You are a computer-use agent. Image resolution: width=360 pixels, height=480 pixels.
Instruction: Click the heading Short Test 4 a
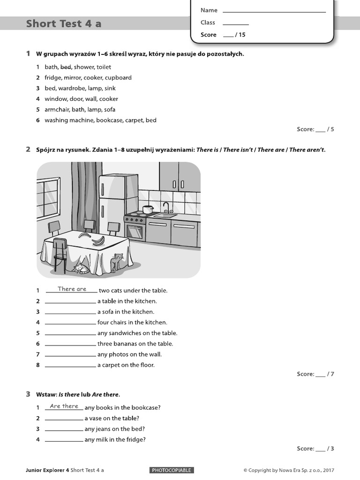click(64, 24)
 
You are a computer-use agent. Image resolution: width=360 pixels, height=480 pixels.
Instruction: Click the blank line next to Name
click(274, 11)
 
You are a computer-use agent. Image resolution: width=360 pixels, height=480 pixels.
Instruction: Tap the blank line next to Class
click(236, 23)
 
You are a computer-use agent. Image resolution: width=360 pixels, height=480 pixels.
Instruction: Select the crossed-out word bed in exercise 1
click(66, 67)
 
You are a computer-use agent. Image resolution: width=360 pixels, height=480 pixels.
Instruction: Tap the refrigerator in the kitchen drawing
click(119, 202)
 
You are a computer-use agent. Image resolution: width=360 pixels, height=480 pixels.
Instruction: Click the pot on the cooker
click(148, 209)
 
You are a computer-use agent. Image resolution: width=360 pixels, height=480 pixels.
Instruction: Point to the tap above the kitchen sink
click(165, 207)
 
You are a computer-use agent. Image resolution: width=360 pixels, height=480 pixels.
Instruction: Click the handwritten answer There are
click(72, 289)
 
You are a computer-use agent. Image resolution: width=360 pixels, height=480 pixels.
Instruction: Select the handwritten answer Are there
click(64, 406)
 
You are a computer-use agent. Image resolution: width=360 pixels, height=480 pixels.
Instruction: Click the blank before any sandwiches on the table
click(70, 333)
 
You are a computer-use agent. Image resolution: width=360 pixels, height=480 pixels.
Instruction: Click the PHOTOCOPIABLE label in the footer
click(172, 470)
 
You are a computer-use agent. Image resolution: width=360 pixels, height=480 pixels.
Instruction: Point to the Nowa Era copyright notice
click(289, 471)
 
